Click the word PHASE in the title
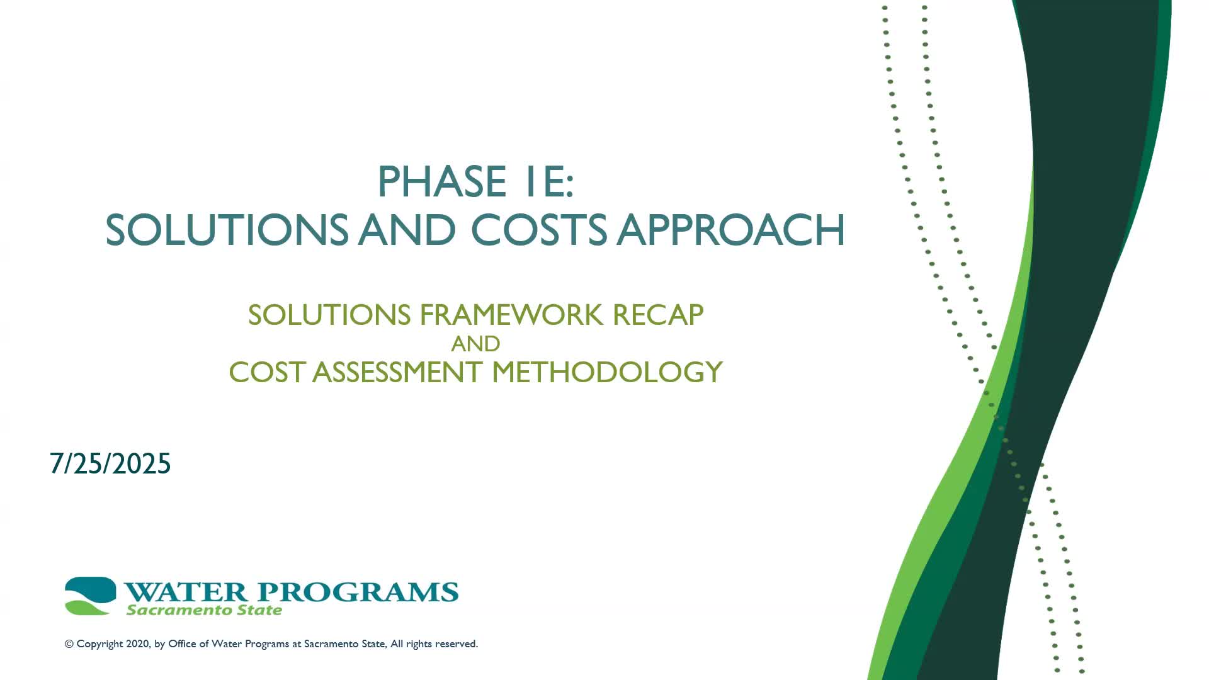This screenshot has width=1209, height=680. click(441, 182)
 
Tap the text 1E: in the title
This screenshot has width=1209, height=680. click(548, 182)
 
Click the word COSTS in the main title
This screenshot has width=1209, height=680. click(539, 230)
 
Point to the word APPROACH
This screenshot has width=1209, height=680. click(730, 230)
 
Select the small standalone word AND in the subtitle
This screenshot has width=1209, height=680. click(475, 344)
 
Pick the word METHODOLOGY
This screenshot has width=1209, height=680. click(607, 372)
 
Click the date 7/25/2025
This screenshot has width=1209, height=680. click(110, 464)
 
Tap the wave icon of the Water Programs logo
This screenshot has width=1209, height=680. click(90, 596)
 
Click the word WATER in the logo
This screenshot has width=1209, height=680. click(186, 592)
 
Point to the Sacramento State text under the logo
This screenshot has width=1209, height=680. click(204, 610)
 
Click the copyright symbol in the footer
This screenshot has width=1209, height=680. click(69, 644)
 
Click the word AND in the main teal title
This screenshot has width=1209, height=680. click(407, 230)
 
